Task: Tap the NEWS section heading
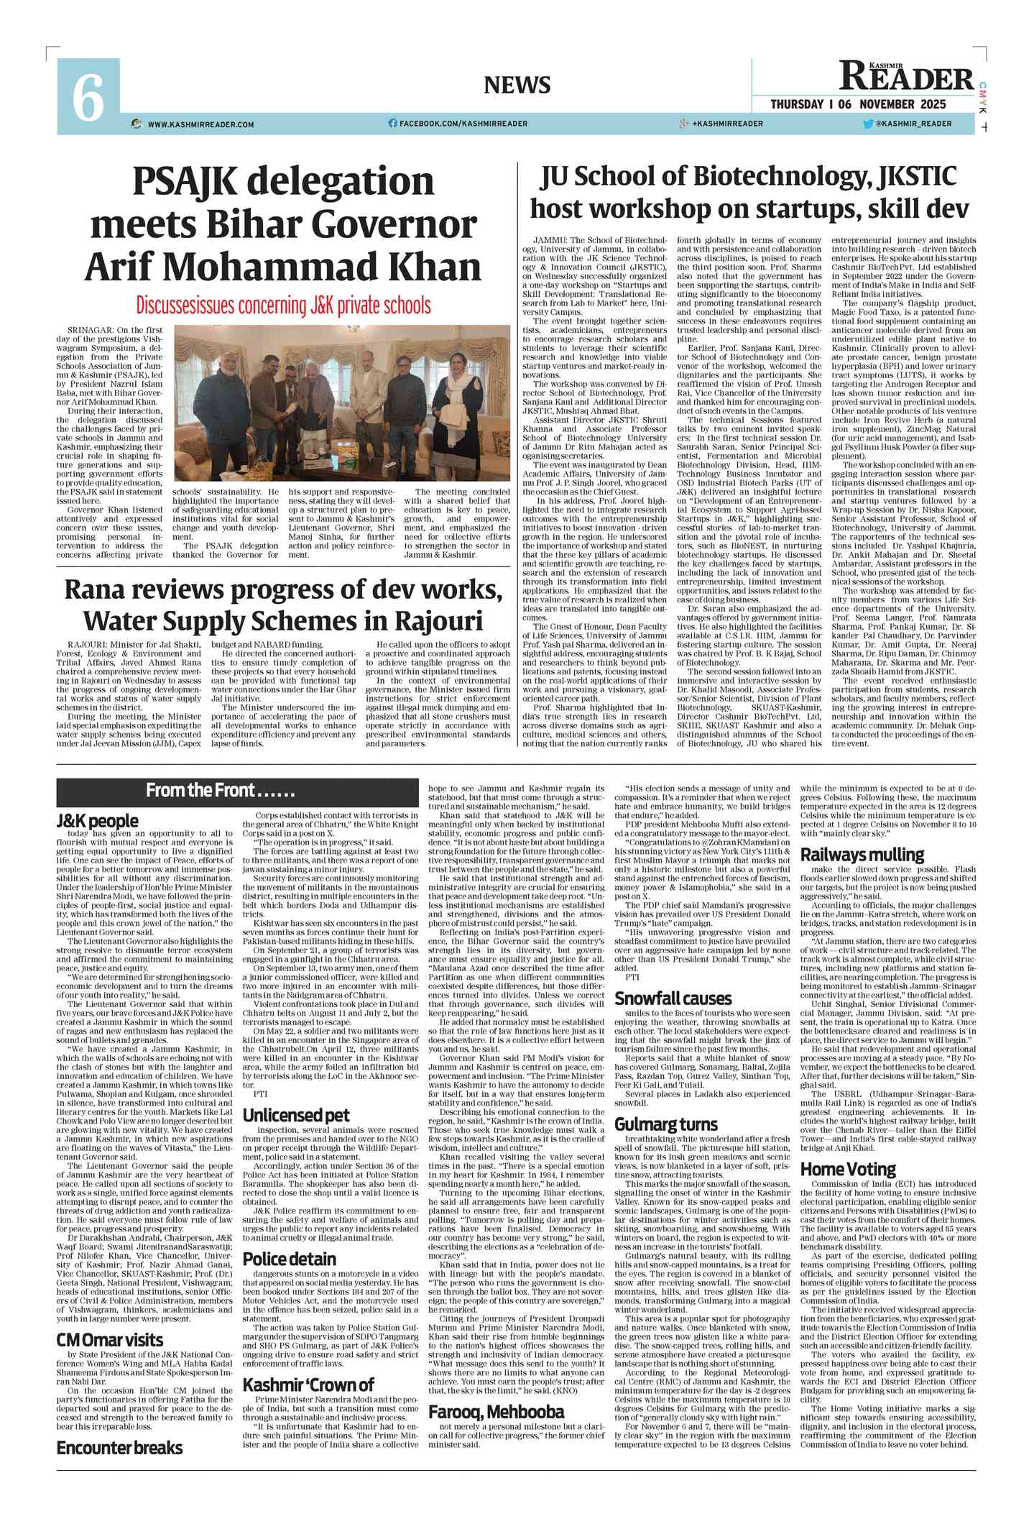click(x=517, y=85)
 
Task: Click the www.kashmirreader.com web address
click(x=200, y=124)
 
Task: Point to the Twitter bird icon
click(x=868, y=124)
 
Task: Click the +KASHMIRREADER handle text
click(x=727, y=124)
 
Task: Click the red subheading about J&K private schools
click(x=284, y=305)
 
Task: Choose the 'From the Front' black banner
click(x=237, y=791)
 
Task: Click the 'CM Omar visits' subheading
click(x=110, y=1340)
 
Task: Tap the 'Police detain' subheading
click(x=290, y=1259)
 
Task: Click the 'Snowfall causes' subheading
click(x=672, y=998)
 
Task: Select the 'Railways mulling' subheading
click(x=862, y=855)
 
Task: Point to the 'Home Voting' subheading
click(x=848, y=1170)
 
